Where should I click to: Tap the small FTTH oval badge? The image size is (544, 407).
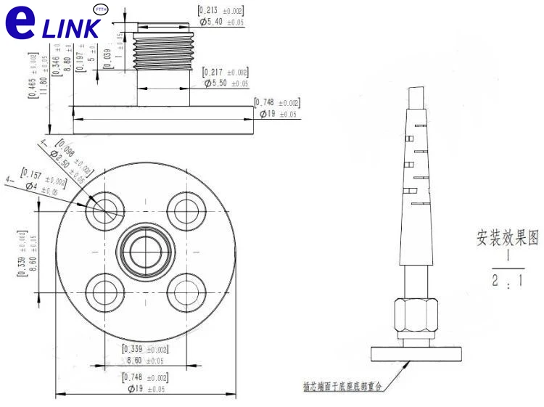click(x=101, y=9)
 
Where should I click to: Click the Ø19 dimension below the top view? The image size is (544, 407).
click(x=147, y=389)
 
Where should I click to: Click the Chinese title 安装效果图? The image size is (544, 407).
click(x=508, y=239)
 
